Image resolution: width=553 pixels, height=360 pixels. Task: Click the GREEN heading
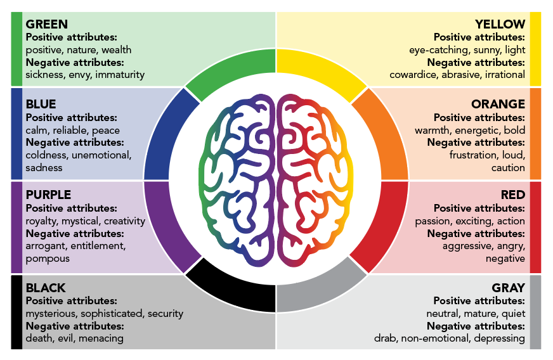pos(46,25)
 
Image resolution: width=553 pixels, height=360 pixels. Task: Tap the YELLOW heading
pos(500,25)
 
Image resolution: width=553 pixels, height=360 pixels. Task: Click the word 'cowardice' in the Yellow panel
pos(412,75)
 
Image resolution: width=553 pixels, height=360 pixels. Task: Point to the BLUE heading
pos(41,104)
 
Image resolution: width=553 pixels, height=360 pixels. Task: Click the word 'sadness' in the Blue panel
pos(44,168)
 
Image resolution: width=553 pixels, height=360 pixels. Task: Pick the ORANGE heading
pos(498,104)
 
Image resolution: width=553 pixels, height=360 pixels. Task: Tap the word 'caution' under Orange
pos(508,168)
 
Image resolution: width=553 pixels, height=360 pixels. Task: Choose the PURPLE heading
pos(48,195)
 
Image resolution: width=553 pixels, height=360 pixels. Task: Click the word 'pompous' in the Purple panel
pos(48,259)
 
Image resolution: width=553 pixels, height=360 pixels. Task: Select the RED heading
pos(513,195)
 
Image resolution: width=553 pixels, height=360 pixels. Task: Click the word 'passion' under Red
pos(433,221)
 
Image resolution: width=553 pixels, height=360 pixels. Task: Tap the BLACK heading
pos(46,288)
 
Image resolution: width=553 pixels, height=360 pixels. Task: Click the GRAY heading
pos(509,288)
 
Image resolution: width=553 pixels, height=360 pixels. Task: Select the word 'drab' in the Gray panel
pos(384,338)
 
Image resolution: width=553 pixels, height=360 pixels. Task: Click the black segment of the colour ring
pos(232,289)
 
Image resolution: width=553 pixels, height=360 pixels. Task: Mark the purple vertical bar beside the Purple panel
pos(16,227)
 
